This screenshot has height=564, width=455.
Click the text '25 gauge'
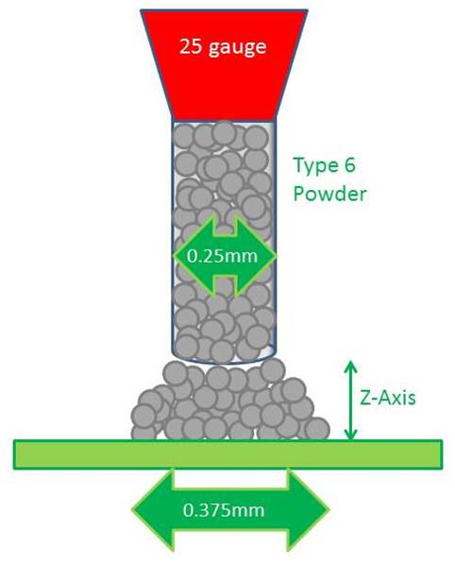223,47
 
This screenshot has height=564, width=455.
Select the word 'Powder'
330,195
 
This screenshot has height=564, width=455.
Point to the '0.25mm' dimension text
223,256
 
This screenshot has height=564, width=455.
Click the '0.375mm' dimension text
224,510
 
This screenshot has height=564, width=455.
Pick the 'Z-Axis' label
388,398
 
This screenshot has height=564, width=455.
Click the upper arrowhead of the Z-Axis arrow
351,367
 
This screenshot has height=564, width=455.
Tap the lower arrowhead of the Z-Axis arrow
351,435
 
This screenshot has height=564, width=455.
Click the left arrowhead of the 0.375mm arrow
153,510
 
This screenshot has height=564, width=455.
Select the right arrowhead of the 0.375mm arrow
308,510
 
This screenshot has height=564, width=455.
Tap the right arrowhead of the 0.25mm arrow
255,255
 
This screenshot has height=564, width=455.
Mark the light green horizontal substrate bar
227,454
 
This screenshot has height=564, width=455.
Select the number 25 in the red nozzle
191,46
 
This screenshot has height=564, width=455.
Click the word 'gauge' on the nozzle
238,48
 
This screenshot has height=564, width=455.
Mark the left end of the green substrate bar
14,454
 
